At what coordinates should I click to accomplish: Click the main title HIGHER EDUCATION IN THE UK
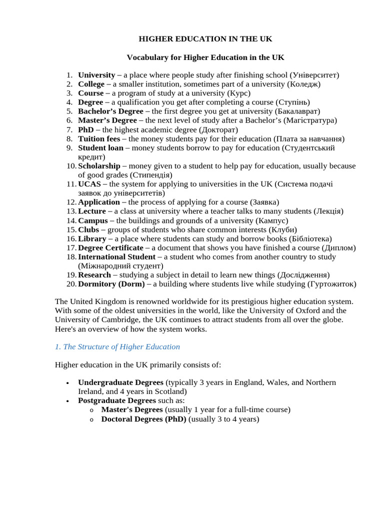205,39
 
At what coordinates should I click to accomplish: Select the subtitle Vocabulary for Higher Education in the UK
205,57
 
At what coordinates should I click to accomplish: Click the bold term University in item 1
96,75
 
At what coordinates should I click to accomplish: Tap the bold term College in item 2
91,84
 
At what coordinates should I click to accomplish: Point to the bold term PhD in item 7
86,129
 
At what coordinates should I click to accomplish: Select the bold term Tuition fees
99,138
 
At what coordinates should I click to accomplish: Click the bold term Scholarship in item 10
99,166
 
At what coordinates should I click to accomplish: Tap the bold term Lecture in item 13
92,211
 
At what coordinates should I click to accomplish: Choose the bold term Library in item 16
92,238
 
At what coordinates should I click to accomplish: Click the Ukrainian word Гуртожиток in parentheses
332,284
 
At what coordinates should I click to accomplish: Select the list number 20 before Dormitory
71,284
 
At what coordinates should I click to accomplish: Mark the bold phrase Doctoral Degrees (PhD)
143,419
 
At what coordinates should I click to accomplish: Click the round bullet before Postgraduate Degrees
67,401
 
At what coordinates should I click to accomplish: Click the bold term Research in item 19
94,275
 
